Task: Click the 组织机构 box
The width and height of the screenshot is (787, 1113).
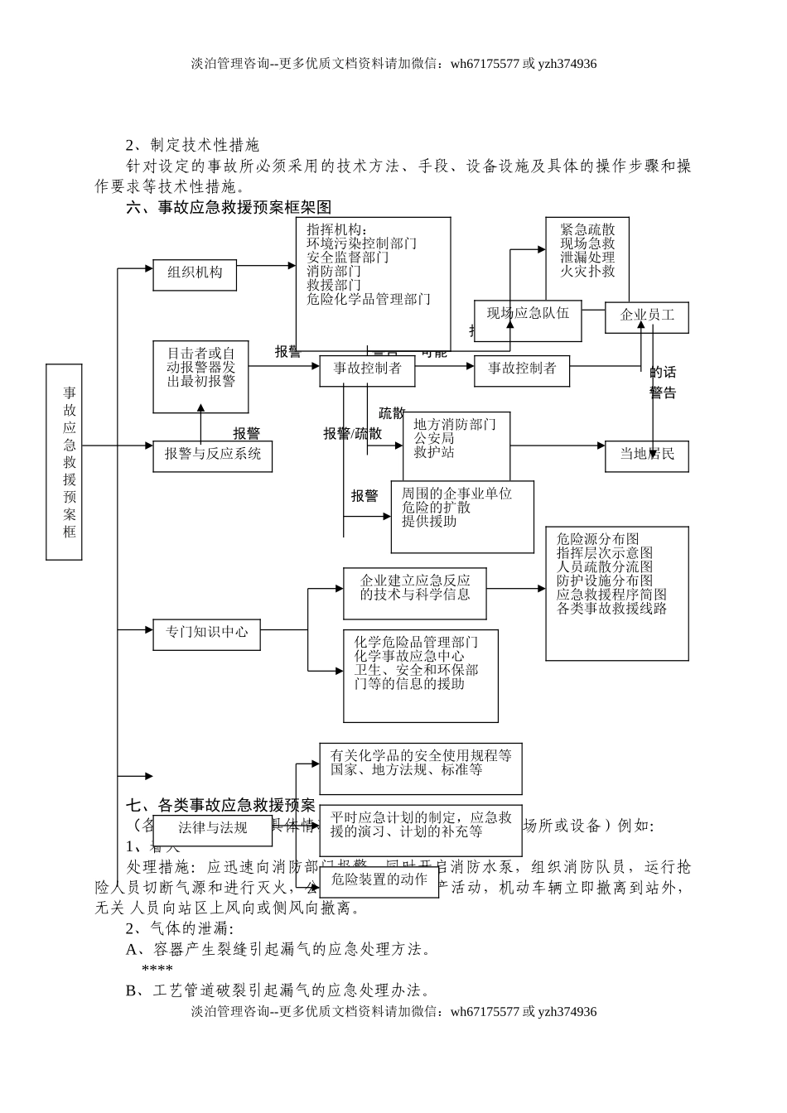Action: coord(195,273)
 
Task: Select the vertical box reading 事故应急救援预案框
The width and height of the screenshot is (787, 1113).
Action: coord(64,462)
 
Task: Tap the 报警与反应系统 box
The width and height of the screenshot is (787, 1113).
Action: coord(212,455)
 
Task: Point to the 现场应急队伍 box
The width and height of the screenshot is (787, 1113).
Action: coord(528,314)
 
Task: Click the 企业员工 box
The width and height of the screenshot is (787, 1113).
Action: coord(646,316)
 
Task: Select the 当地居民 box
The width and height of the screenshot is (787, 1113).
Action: coord(646,454)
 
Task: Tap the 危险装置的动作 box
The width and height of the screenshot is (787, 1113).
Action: coord(379,879)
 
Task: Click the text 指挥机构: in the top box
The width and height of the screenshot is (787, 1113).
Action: coord(336,229)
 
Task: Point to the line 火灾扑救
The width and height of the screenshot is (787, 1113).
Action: coord(587,271)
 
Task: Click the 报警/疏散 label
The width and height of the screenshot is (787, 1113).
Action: coord(353,433)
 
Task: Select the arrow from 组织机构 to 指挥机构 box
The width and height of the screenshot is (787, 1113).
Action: coord(266,266)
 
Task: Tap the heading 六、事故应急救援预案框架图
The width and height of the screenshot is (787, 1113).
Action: coord(229,207)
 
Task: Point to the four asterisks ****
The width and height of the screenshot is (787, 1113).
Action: coord(157,969)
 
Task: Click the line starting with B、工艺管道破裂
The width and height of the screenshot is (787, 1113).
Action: coord(278,990)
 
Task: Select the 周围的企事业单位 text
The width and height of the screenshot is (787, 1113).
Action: coord(456,494)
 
